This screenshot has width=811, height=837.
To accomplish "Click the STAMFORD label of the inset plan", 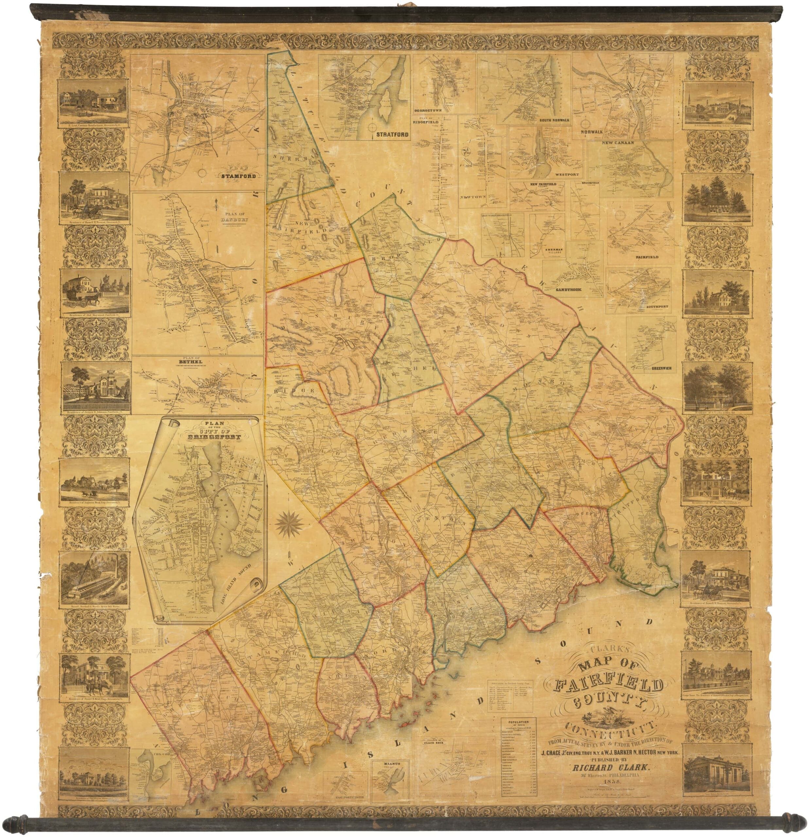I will [238, 176].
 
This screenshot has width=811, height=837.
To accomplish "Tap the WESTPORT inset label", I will [567, 175].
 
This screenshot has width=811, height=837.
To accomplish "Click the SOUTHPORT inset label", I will [658, 307].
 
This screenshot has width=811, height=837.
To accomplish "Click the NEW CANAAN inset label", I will [618, 142].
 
